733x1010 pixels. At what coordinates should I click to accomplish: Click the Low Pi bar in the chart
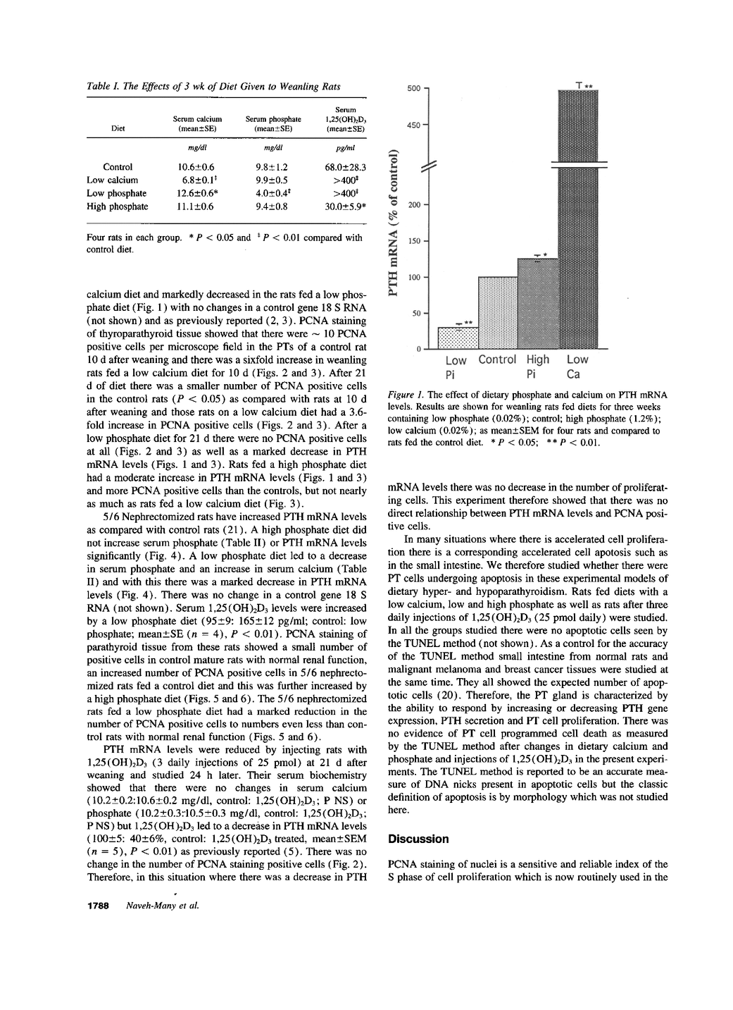click(458, 338)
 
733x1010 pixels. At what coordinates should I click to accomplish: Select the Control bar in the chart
click(497, 313)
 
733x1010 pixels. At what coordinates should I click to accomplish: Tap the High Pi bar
click(537, 304)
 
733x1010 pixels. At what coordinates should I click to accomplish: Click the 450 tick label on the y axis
click(415, 125)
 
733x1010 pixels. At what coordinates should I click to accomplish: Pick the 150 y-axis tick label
click(415, 241)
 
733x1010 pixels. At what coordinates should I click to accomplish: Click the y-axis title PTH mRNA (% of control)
click(394, 221)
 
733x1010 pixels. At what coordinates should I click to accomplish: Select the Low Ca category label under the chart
click(577, 366)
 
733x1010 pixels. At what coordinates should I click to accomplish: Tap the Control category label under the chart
click(497, 359)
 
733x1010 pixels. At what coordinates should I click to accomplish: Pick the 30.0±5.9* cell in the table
click(345, 207)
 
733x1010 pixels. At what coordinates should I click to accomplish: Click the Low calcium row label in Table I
click(113, 180)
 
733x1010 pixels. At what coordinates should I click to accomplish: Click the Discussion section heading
click(418, 839)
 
